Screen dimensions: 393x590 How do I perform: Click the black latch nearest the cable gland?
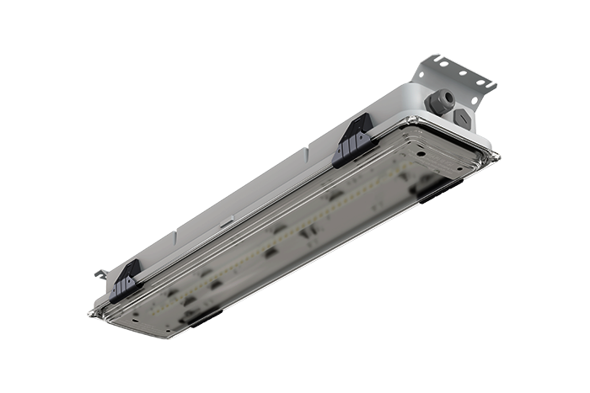(x=353, y=140)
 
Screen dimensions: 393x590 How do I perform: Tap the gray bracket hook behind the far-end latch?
(x=99, y=274)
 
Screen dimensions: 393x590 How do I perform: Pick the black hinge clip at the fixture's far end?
(x=203, y=317)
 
